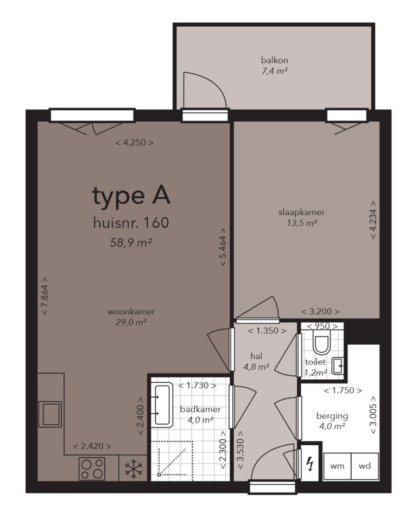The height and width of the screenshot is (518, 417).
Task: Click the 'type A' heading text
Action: coord(131,196)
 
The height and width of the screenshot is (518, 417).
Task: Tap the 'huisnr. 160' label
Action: coord(131,223)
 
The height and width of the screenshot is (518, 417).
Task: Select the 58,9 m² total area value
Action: coord(131,242)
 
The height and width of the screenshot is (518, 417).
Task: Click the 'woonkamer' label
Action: coord(131,312)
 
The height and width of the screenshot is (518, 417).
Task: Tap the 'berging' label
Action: coord(332,416)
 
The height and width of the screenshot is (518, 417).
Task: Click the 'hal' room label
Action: coord(256,356)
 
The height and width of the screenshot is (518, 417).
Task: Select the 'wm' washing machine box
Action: coord(337,465)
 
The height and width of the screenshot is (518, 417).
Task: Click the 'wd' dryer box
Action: coord(364,465)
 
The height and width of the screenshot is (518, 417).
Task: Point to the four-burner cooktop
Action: coord(92,469)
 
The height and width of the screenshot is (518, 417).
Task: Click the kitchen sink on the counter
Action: coord(50,414)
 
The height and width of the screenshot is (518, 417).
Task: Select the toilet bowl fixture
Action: coord(322,344)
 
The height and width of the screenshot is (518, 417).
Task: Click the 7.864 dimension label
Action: coord(44,296)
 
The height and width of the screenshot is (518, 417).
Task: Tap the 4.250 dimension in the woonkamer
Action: coord(135,143)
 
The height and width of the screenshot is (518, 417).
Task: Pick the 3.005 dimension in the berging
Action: coord(374,414)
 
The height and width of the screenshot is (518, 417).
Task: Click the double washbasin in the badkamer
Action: coord(161,405)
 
